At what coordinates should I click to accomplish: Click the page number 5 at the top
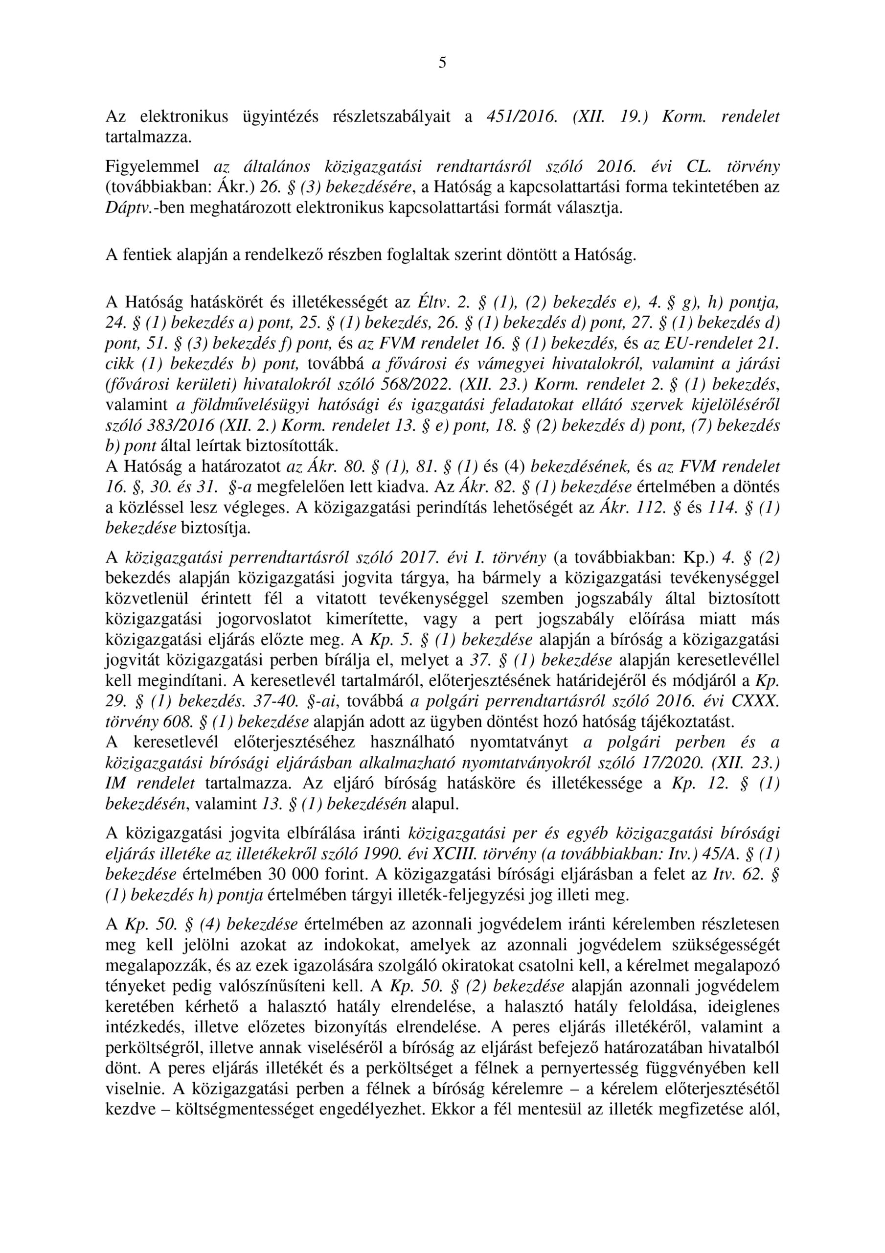pos(442,63)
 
